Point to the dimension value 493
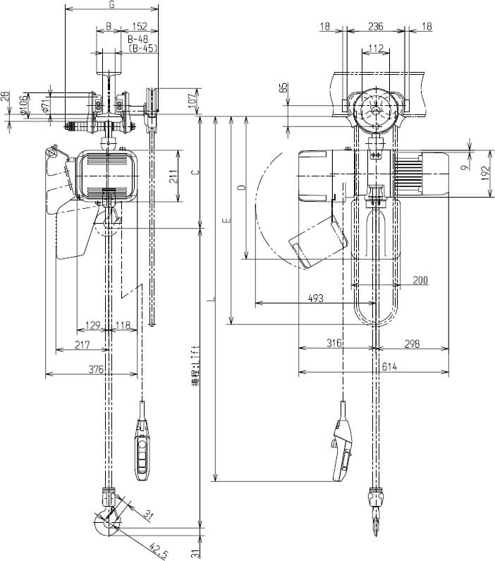click(x=315, y=298)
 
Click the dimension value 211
click(x=173, y=176)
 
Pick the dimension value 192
click(x=486, y=174)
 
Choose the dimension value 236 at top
click(x=377, y=26)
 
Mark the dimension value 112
click(x=374, y=48)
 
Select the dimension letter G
click(x=111, y=5)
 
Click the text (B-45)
click(x=143, y=49)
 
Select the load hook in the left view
click(x=107, y=520)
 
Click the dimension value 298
click(x=412, y=344)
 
